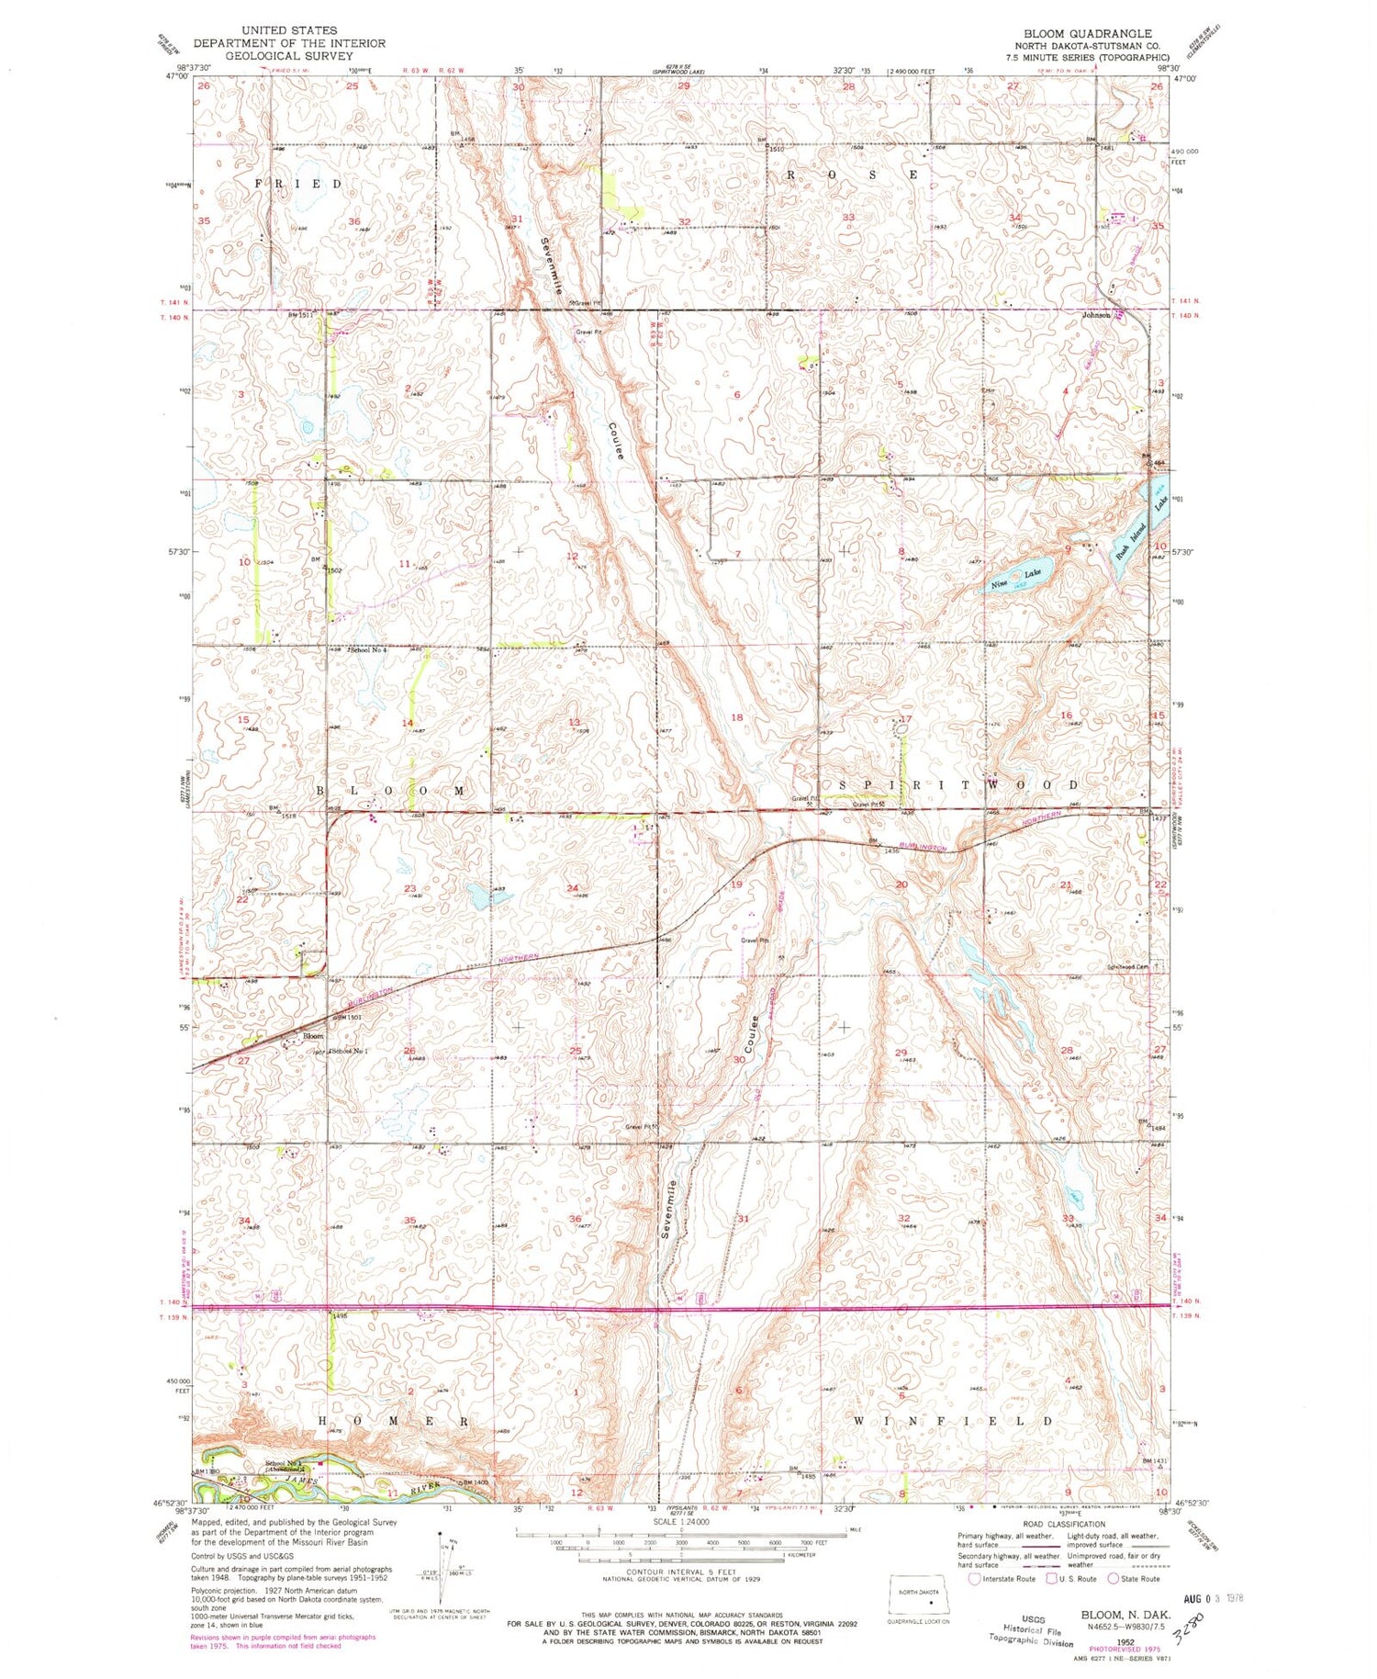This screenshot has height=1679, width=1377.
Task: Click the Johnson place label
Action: [1096, 315]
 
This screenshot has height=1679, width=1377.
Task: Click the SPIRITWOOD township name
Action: [958, 785]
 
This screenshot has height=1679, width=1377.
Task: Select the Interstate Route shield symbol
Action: [974, 1579]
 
